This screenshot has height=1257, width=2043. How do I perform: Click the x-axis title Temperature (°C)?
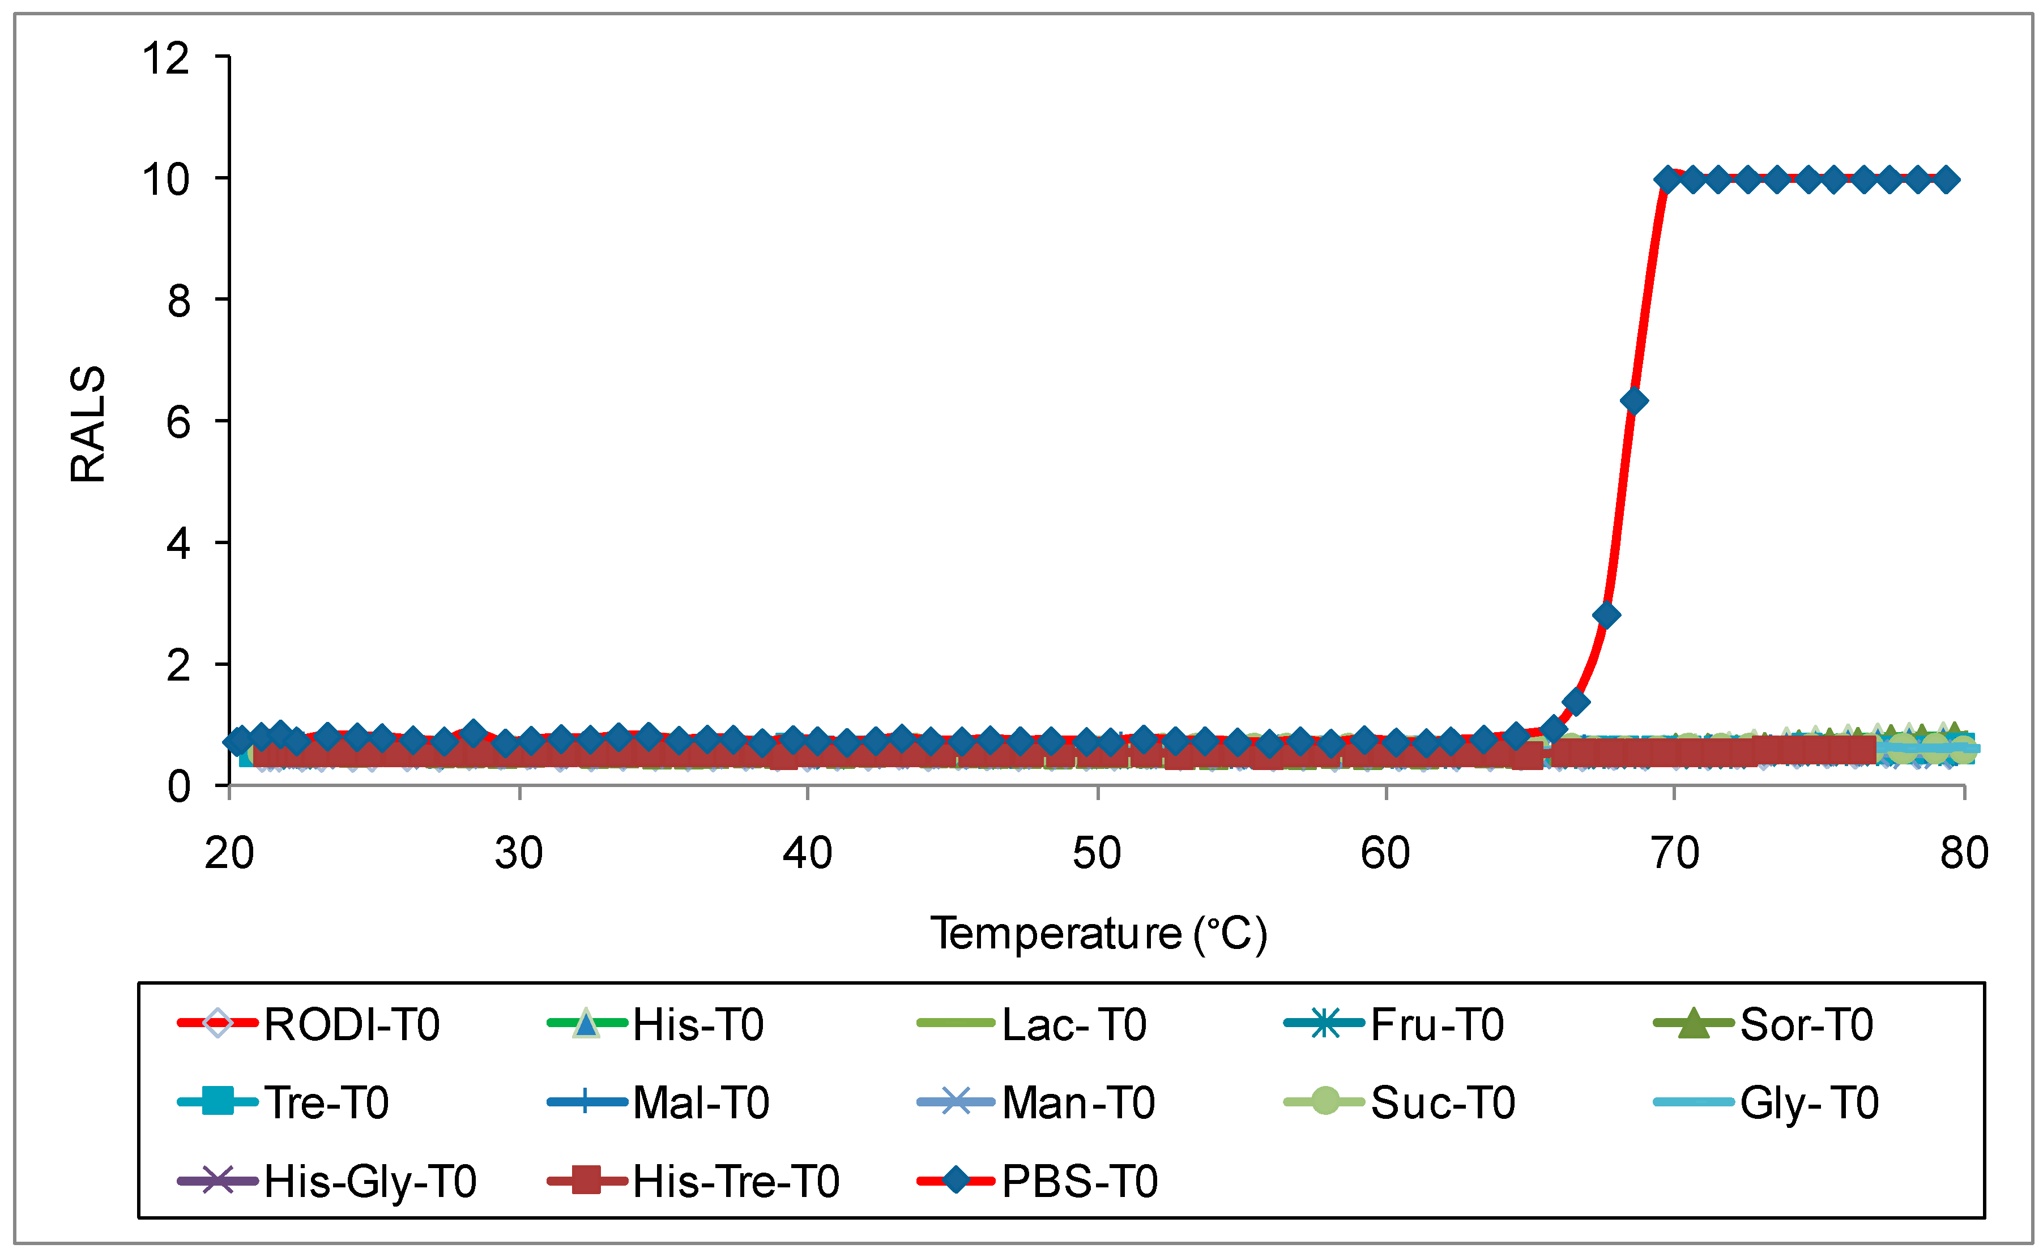click(x=1098, y=934)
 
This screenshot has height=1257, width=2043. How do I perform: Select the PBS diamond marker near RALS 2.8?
click(x=1606, y=615)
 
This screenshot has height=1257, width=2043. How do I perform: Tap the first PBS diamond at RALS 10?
click(x=1666, y=179)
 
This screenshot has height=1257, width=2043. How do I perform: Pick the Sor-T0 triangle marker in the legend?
click(x=1693, y=1023)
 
